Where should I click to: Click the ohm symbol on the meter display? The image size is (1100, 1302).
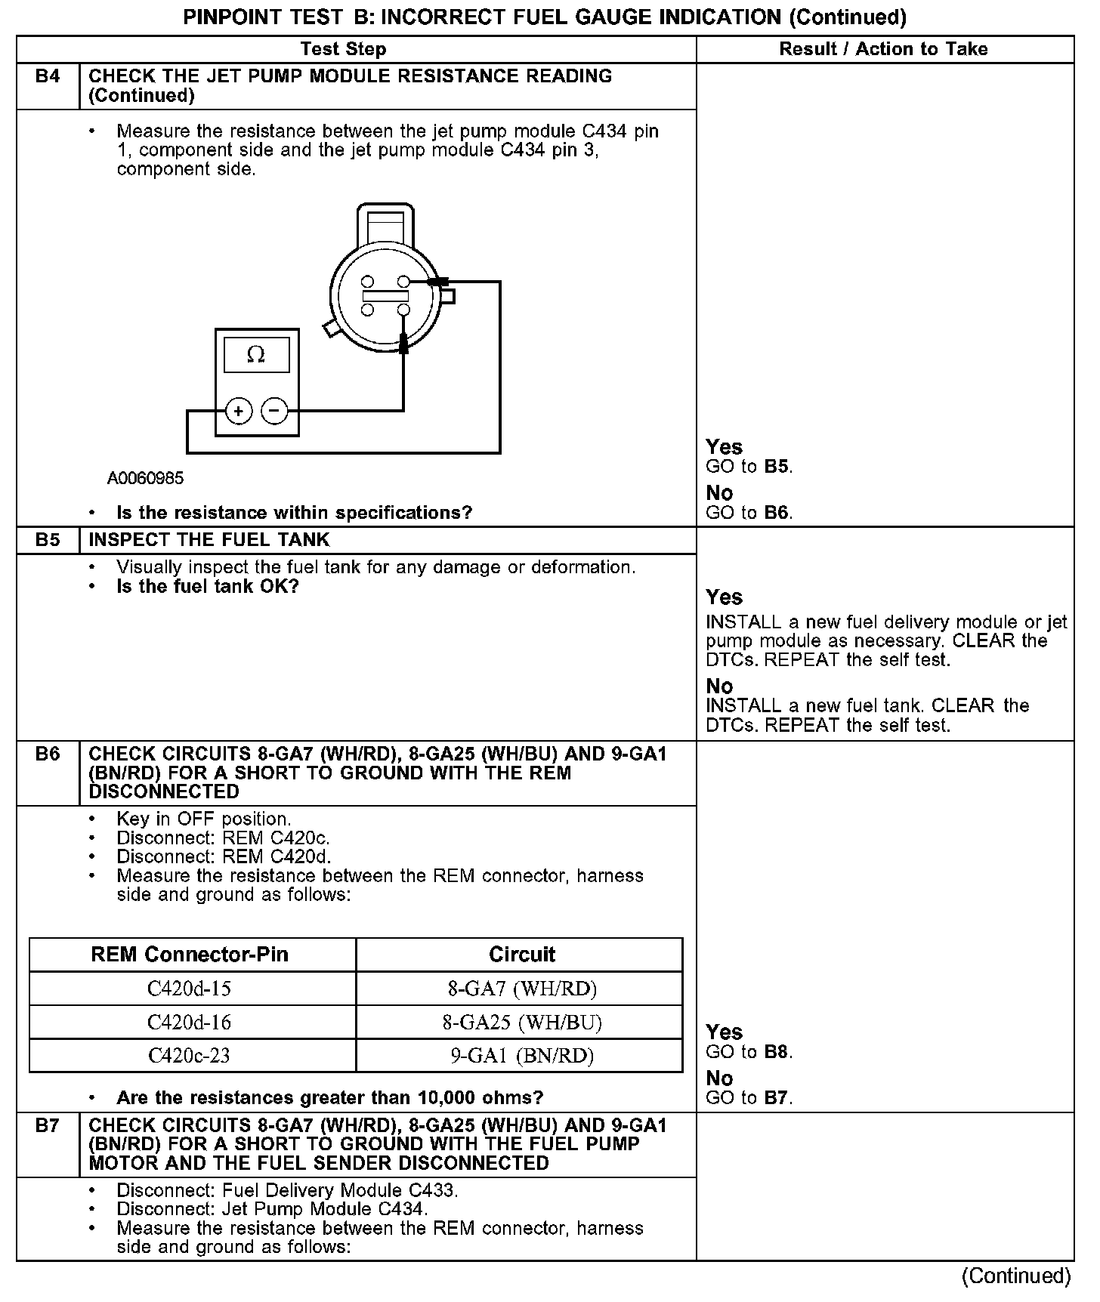tap(256, 354)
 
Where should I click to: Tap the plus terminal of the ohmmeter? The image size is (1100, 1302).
tap(239, 412)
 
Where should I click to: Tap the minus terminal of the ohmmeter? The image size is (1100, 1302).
tap(274, 412)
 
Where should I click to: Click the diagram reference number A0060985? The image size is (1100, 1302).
tap(145, 478)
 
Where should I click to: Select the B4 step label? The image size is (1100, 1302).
tap(48, 76)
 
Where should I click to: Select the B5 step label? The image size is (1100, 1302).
tap(48, 540)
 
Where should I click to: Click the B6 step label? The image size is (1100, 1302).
tap(48, 754)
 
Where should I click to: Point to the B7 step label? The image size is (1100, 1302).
tap(48, 1125)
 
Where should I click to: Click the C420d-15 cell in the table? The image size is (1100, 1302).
tap(189, 989)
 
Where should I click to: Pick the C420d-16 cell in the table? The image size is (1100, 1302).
tap(189, 1023)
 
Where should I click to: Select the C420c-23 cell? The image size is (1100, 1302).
tap(189, 1056)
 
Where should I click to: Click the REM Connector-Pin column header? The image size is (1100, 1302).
tap(190, 955)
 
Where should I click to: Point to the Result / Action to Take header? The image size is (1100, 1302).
tap(883, 49)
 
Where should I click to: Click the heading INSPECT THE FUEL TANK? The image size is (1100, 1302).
tap(209, 540)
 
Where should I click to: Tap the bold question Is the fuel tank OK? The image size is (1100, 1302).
tap(208, 587)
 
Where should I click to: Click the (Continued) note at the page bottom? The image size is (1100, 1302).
tap(1016, 1276)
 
